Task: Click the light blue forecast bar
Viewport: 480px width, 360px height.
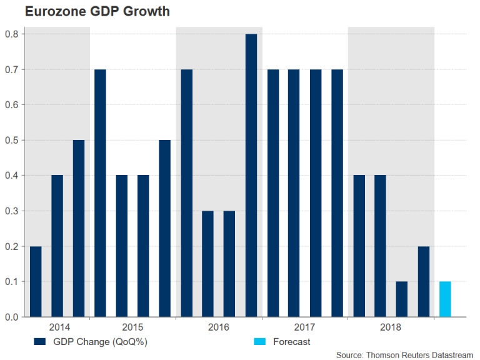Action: point(444,299)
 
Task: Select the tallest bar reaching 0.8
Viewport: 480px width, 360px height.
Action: point(251,176)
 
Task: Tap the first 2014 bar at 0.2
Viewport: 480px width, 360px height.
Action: point(36,282)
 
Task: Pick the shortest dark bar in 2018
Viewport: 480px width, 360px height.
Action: point(402,299)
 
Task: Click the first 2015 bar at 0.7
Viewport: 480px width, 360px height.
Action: point(100,193)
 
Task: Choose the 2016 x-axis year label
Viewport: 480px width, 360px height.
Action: point(219,327)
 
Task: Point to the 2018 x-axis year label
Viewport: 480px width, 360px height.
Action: point(391,327)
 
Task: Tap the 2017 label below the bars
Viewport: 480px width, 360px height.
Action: point(305,327)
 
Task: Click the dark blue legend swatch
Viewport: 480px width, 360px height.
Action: point(40,341)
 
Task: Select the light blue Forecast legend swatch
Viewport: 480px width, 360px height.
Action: point(260,341)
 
